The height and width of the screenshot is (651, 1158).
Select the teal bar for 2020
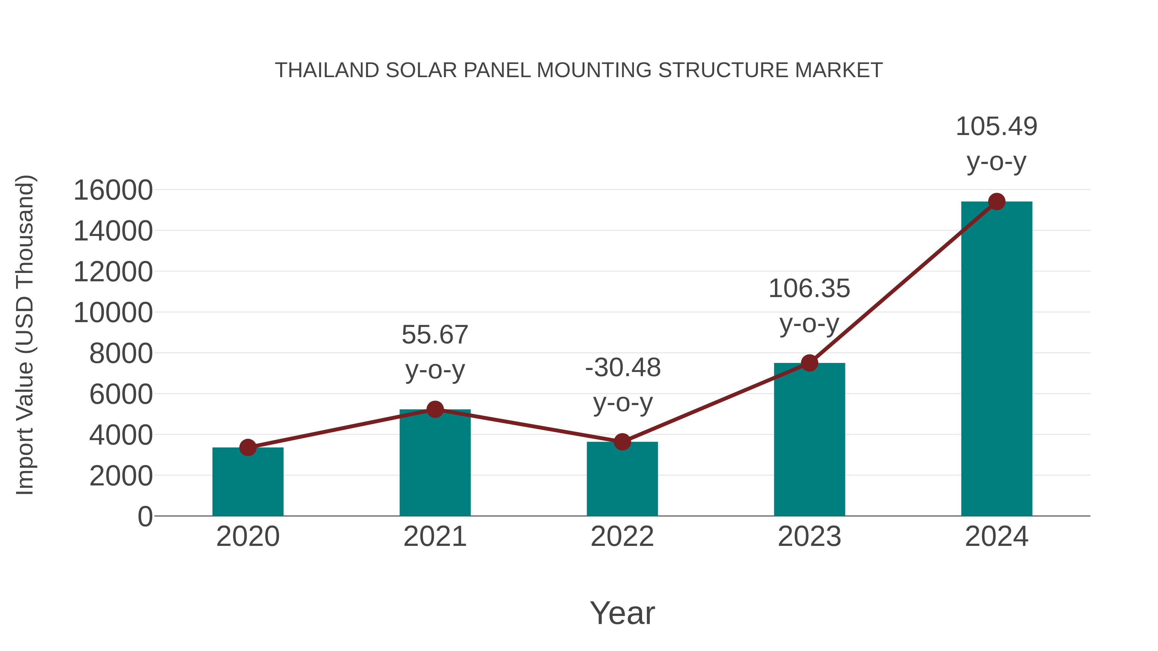point(248,483)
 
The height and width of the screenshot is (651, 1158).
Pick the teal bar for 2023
point(809,440)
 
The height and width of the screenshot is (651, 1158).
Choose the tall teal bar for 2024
point(997,359)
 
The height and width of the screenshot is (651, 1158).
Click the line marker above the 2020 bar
point(248,448)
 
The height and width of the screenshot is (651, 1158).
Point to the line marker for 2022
point(622,442)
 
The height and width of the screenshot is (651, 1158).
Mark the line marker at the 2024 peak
point(997,202)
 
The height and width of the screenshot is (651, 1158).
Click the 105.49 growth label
point(996,127)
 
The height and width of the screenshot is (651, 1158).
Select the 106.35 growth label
point(809,289)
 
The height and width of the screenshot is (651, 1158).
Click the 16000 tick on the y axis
point(113,191)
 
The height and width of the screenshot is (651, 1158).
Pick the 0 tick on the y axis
point(145,517)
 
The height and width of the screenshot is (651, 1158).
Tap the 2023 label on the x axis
point(809,537)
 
